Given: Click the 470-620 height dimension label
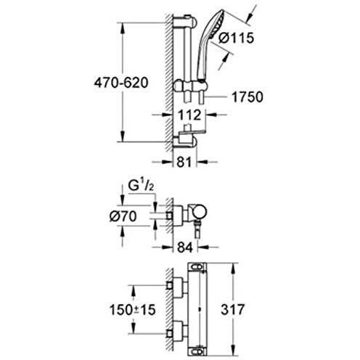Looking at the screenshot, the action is (x=121, y=83).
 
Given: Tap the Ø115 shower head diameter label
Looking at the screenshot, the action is (x=236, y=38).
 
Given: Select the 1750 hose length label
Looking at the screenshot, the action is (x=247, y=97).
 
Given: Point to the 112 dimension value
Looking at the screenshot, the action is (x=189, y=115).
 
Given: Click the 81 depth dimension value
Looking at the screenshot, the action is (x=184, y=162).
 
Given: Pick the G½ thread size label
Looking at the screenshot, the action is (x=141, y=186).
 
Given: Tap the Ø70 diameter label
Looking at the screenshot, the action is (x=123, y=216).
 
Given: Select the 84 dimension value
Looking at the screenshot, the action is (x=185, y=247).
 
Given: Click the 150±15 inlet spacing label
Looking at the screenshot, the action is (x=132, y=309).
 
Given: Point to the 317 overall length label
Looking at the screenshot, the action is (x=233, y=309).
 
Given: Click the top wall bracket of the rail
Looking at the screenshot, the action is (x=185, y=20).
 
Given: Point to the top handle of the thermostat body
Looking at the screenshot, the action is (x=197, y=267).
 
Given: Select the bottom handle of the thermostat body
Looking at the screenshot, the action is (x=197, y=350).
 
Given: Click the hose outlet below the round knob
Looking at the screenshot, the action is (x=197, y=229).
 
